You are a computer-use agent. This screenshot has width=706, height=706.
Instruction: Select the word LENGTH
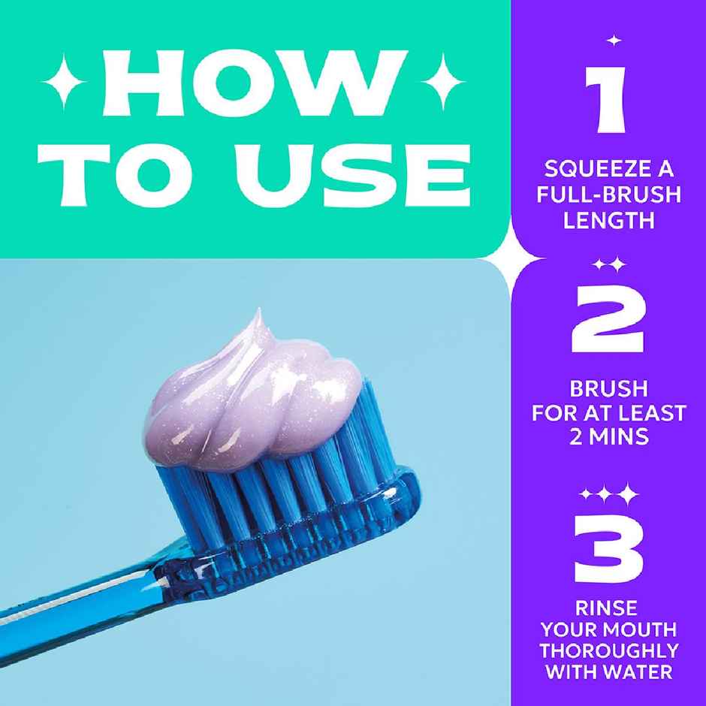pos(608,221)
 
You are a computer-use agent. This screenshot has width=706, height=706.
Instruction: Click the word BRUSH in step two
pos(608,389)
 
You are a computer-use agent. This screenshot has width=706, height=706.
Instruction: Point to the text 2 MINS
pos(608,436)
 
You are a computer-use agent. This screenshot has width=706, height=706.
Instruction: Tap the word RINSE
pos(608,606)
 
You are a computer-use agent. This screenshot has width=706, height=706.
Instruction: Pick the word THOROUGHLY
pos(608,650)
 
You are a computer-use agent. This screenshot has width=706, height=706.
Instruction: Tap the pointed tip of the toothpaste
pos(258,312)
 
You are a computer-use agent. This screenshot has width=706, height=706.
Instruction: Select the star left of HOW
pos(56,79)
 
